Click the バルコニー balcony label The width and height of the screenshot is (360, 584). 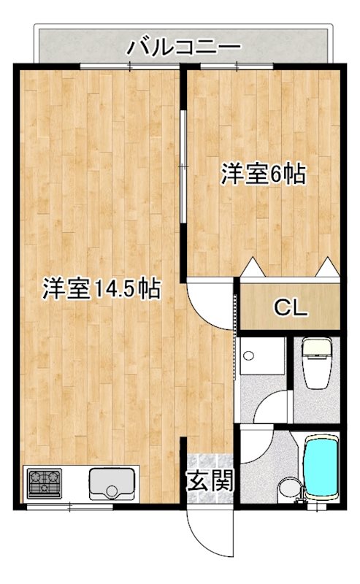[x=184, y=47]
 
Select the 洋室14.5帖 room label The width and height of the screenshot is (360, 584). [x=102, y=289]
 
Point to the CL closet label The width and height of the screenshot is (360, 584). [x=290, y=307]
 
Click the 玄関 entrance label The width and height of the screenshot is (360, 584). [x=210, y=480]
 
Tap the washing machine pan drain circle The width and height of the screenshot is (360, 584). [x=250, y=357]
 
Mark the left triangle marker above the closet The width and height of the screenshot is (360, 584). [x=252, y=268]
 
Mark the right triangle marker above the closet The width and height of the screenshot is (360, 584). [x=327, y=268]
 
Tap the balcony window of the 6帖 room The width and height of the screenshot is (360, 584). [x=237, y=66]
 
